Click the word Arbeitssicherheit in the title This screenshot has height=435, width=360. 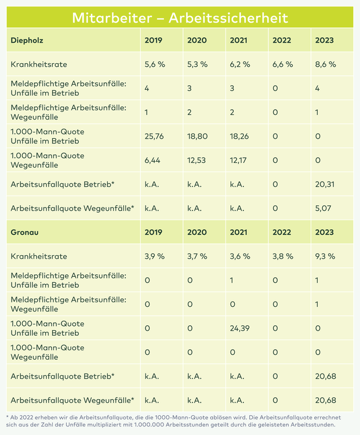pyautogui.click(x=228, y=18)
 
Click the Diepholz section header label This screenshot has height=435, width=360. pyautogui.click(x=27, y=41)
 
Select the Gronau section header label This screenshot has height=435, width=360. pyautogui.click(x=24, y=232)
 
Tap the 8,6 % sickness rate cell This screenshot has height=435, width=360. pyautogui.click(x=325, y=64)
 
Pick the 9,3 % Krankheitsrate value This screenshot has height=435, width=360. pyautogui.click(x=325, y=256)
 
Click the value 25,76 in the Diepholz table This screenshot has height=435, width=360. pyautogui.click(x=154, y=136)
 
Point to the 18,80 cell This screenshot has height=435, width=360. pyautogui.click(x=197, y=136)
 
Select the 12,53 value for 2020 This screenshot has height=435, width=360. pyautogui.click(x=197, y=160)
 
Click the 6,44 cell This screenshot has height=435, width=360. pyautogui.click(x=152, y=160)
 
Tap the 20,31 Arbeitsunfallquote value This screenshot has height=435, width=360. pyautogui.click(x=325, y=184)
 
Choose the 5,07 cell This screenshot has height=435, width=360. pyautogui.click(x=323, y=208)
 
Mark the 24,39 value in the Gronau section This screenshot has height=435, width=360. pyautogui.click(x=239, y=328)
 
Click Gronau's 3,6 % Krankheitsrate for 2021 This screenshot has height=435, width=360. pyautogui.click(x=240, y=256)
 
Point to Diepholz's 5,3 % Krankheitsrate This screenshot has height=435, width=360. pyautogui.click(x=197, y=64)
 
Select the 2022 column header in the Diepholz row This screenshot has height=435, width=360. pyautogui.click(x=282, y=41)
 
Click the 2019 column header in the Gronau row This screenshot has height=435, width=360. pyautogui.click(x=154, y=232)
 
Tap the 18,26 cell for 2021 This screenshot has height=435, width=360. pyautogui.click(x=239, y=136)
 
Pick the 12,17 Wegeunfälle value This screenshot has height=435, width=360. pyautogui.click(x=238, y=160)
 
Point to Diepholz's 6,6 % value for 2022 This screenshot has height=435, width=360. pyautogui.click(x=283, y=64)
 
